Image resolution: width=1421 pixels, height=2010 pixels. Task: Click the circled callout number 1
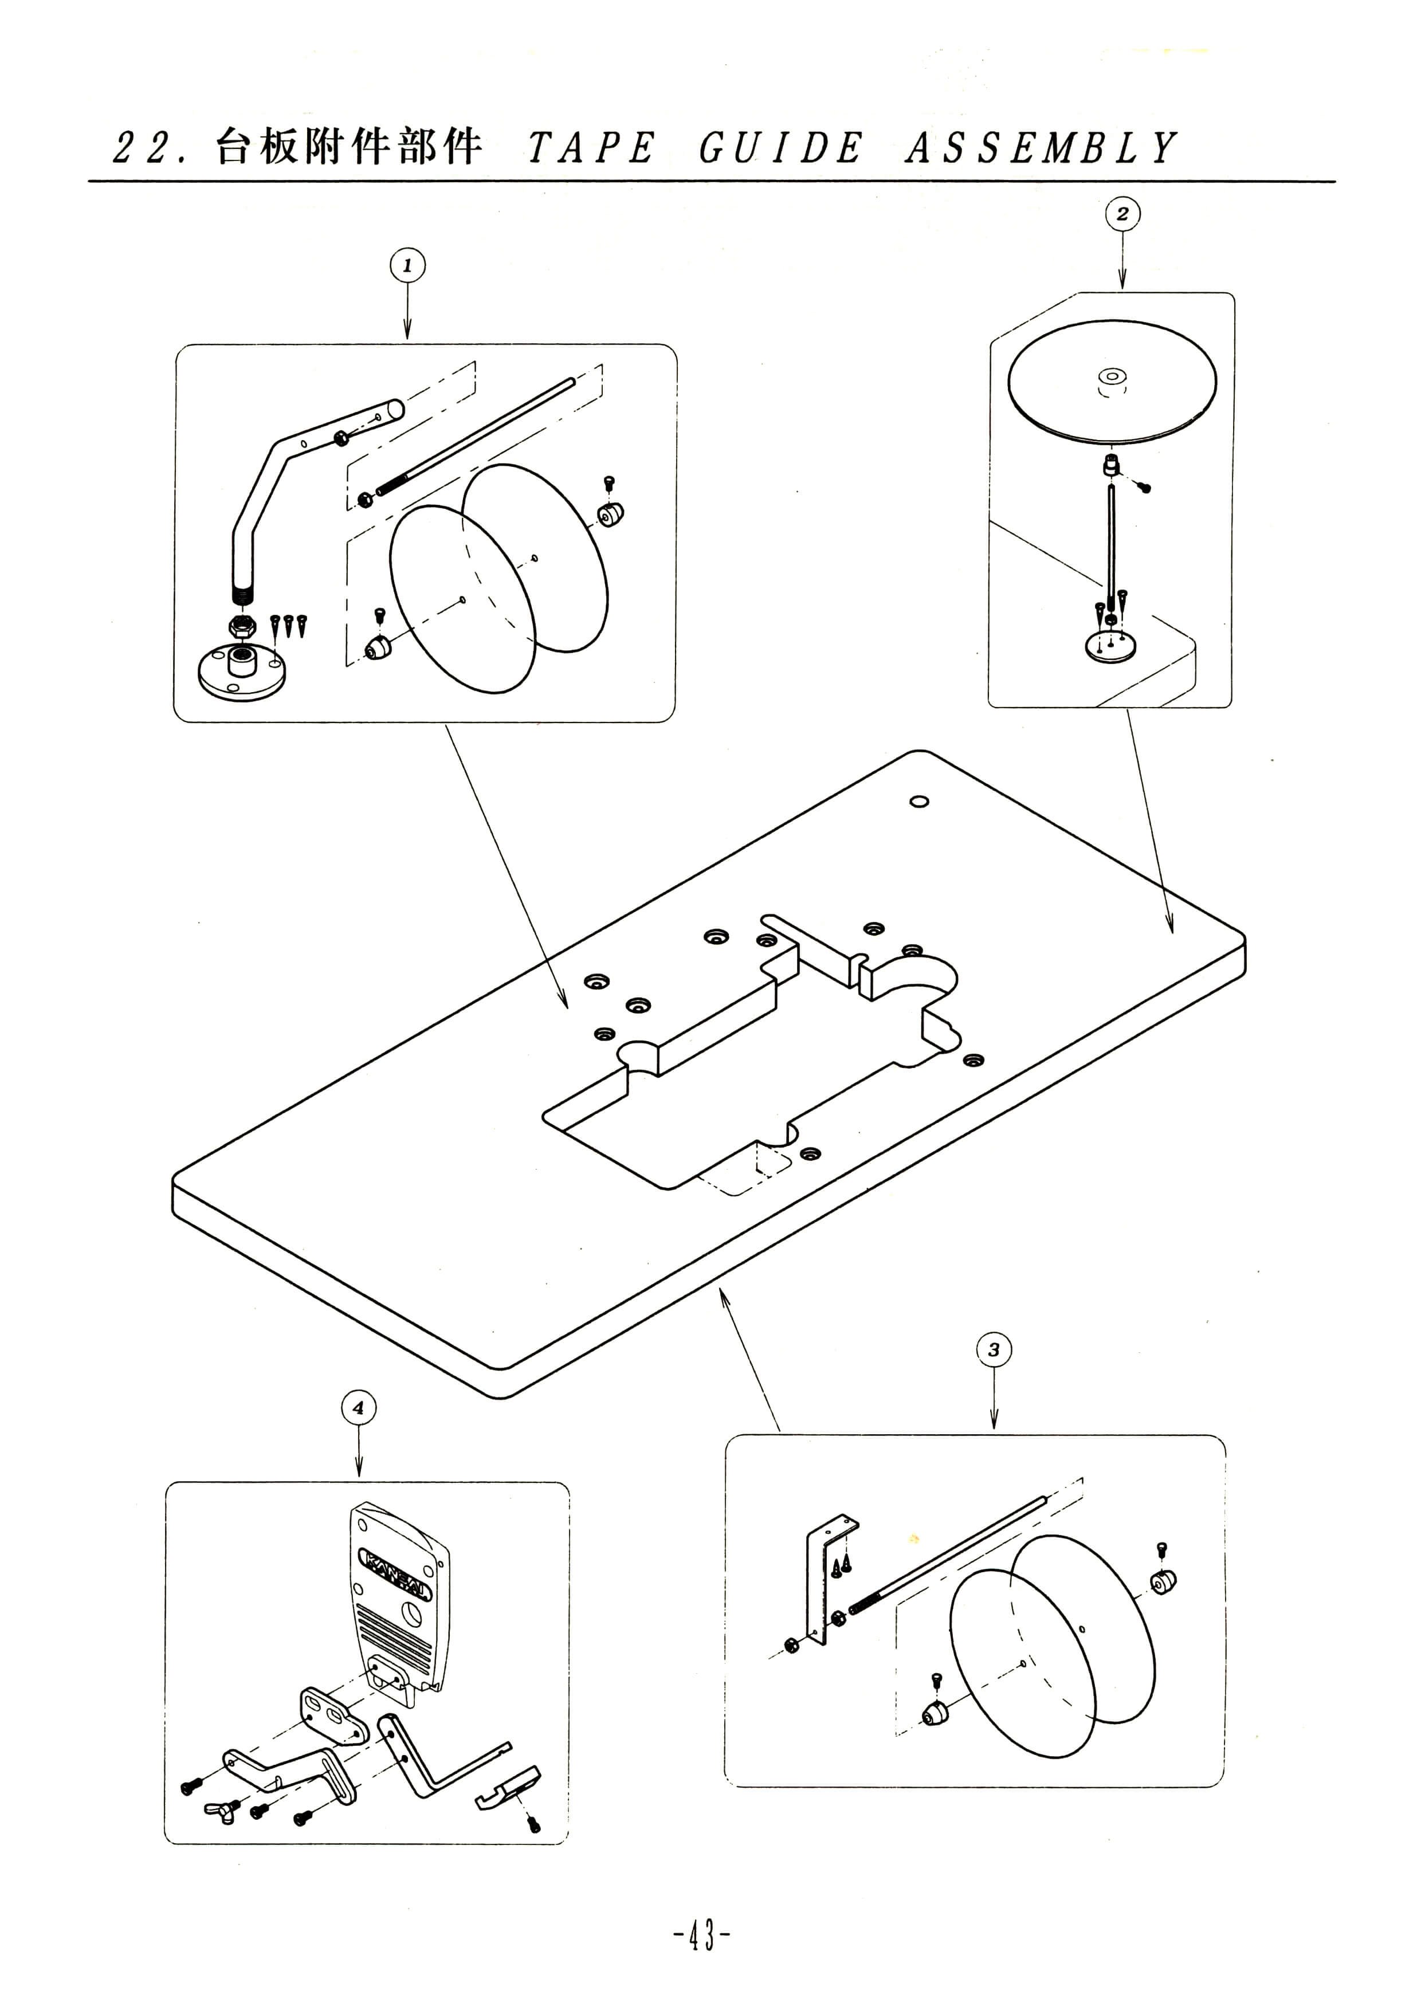[407, 265]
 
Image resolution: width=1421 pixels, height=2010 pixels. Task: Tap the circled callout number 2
[1122, 214]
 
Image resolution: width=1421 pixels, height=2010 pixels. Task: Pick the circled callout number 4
[358, 1408]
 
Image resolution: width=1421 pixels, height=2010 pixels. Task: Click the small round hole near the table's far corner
[919, 801]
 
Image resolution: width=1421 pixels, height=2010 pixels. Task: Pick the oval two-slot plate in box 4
[333, 1717]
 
